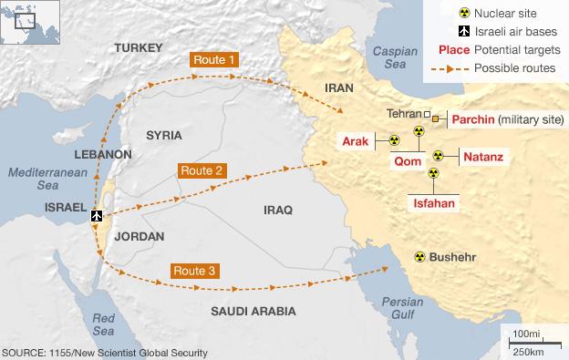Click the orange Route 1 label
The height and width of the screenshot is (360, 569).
[216, 60]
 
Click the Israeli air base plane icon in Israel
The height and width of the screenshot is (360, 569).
[98, 216]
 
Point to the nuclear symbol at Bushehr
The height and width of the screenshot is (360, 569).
[420, 257]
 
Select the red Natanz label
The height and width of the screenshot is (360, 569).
[483, 157]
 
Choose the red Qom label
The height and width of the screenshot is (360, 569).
[406, 161]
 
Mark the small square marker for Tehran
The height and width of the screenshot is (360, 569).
[428, 115]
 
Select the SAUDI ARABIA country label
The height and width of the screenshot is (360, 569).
[253, 312]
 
